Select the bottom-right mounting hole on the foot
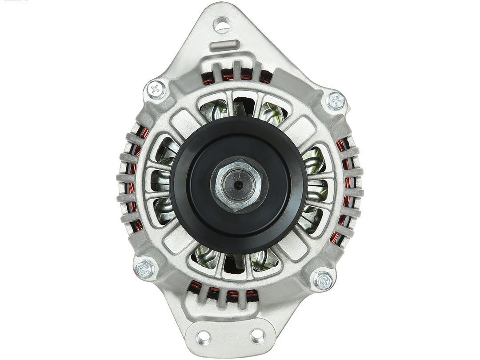(257, 336)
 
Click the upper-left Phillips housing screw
(156, 90)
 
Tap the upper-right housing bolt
(336, 101)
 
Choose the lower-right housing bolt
(324, 280)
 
